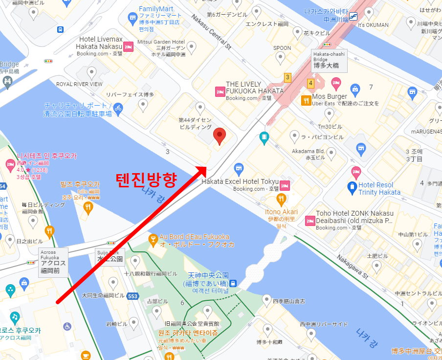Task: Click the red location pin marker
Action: tap(220, 135)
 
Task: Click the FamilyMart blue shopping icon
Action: tap(132, 18)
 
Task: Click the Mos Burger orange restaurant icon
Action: tap(307, 101)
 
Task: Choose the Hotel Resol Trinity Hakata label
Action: tap(379, 188)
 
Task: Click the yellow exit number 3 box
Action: tap(287, 77)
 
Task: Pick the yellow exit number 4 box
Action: tap(310, 83)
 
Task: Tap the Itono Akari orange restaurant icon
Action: tap(281, 199)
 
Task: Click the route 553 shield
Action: tap(132, 296)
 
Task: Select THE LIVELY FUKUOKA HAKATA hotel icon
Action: tap(220, 91)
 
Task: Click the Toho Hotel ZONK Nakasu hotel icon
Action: tap(309, 221)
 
